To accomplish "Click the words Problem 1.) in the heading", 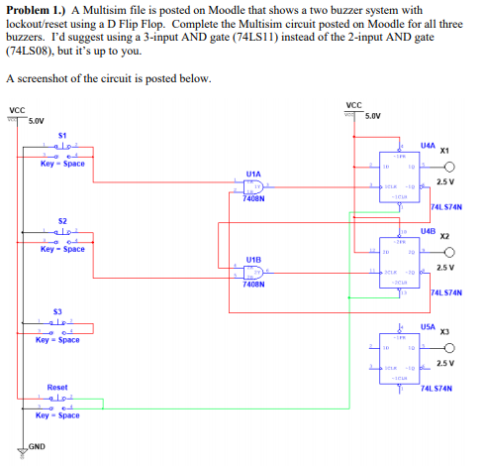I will click(x=36, y=9).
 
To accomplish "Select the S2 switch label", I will click(x=62, y=219).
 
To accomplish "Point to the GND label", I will click(x=37, y=446).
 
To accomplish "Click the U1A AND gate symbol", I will click(x=254, y=186).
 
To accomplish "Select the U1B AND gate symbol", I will click(x=254, y=272).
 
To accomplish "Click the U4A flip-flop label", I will click(x=427, y=145).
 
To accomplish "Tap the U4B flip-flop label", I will click(x=427, y=230).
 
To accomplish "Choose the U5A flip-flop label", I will click(x=427, y=324).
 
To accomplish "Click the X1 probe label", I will click(x=444, y=151).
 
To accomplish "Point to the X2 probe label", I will click(x=444, y=237).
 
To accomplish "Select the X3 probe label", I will click(x=444, y=330).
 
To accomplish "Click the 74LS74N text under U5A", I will click(x=436, y=390).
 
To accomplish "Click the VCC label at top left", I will click(x=17, y=110).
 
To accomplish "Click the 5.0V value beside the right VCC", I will click(x=372, y=116).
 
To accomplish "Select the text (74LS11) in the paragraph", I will click(x=302, y=35).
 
